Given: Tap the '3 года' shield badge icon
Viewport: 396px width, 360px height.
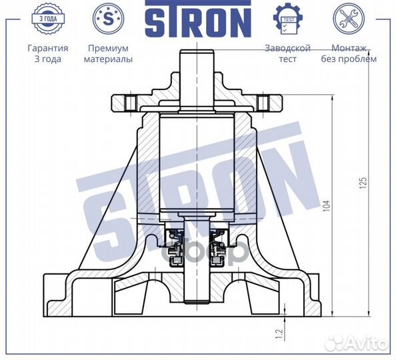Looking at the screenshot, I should coord(47,18).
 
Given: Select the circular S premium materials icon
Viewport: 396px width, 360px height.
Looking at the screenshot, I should coord(107,18).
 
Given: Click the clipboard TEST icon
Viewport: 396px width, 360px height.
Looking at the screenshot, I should coord(287,18).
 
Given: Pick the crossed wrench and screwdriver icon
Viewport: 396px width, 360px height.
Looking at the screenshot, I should coord(348,18).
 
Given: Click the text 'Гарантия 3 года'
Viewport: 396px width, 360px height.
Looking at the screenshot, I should coord(47,53).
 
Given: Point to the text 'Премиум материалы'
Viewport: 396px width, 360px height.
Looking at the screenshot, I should coord(107,53).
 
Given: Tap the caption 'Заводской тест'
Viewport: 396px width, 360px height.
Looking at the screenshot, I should coord(287,53).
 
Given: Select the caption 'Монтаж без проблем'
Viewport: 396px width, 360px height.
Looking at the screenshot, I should coord(353,53).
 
